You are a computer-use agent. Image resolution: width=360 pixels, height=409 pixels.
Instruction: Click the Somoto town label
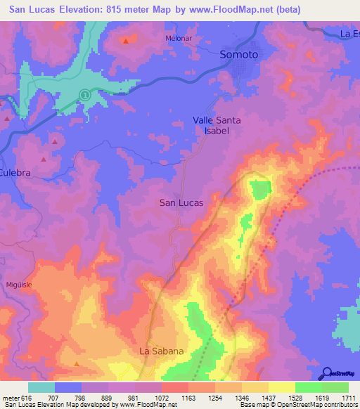(239, 54)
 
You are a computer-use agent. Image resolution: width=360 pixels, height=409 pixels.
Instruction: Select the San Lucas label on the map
(181, 202)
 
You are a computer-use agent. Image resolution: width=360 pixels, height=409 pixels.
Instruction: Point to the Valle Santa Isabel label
(217, 125)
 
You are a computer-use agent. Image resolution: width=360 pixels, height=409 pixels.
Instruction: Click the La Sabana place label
(161, 351)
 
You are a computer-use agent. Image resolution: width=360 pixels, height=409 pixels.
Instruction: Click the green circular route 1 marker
(84, 94)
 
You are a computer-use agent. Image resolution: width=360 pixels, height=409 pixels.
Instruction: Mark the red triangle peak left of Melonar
(126, 41)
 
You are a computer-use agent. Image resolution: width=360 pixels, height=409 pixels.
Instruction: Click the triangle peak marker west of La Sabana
(77, 363)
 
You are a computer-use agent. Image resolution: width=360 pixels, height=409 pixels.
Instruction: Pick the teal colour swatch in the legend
(41, 387)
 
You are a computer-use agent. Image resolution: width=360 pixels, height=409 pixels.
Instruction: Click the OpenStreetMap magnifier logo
(327, 373)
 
